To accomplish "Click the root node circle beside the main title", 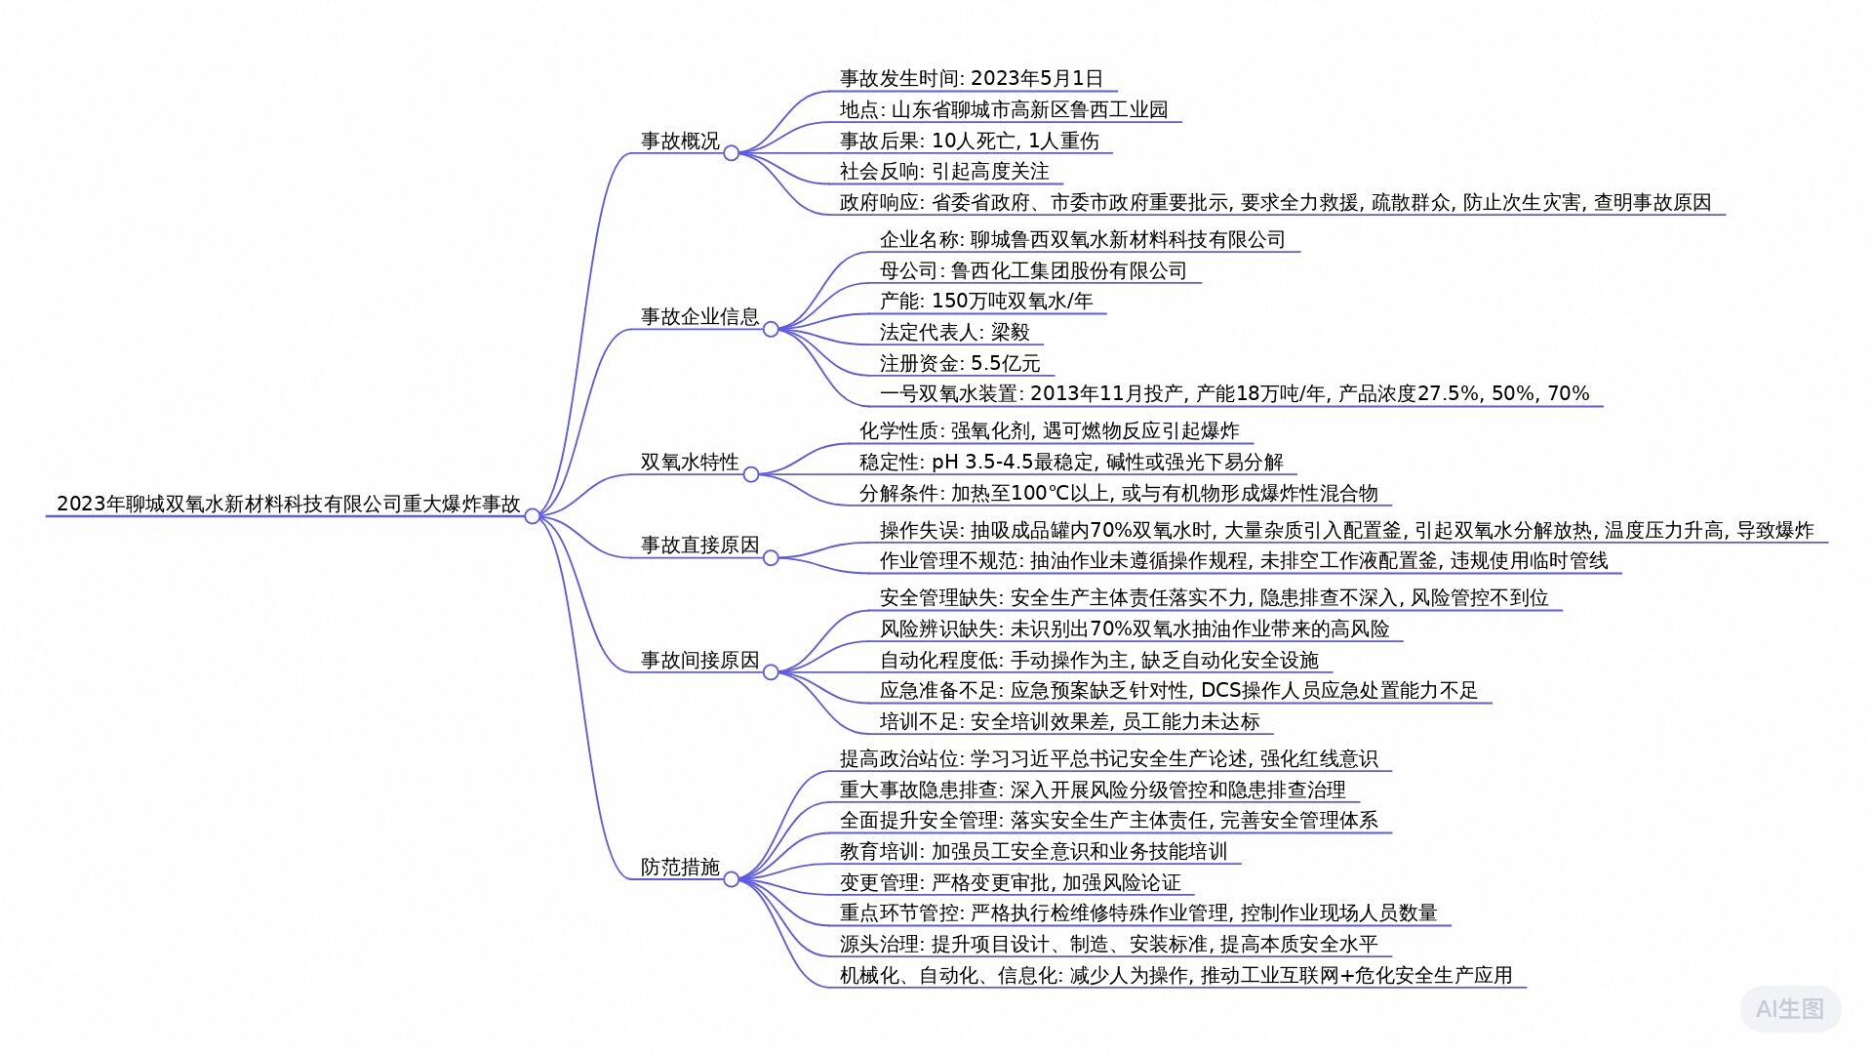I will tap(533, 516).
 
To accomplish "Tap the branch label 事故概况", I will tap(680, 142).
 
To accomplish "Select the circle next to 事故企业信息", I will tap(771, 330).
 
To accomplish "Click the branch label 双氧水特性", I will tap(690, 463).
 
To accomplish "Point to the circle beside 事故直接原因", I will tap(771, 558).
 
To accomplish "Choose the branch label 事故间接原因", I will tap(699, 661).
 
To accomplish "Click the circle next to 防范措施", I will tap(731, 879).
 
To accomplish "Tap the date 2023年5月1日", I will tap(1037, 79).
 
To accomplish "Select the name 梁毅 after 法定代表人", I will tap(1011, 333).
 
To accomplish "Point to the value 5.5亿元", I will tap(1006, 364).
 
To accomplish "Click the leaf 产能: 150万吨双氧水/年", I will tap(986, 302).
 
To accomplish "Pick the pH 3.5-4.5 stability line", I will tap(1071, 463).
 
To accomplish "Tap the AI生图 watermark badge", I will tap(1790, 1009).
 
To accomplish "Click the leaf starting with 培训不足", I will tap(1070, 722).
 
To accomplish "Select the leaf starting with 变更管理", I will tap(1010, 883).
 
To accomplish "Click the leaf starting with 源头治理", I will tap(1108, 945).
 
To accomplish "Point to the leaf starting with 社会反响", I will tap(944, 172).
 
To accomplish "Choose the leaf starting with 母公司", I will tap(1033, 271).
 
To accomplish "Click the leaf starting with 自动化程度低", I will tap(1098, 661).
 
